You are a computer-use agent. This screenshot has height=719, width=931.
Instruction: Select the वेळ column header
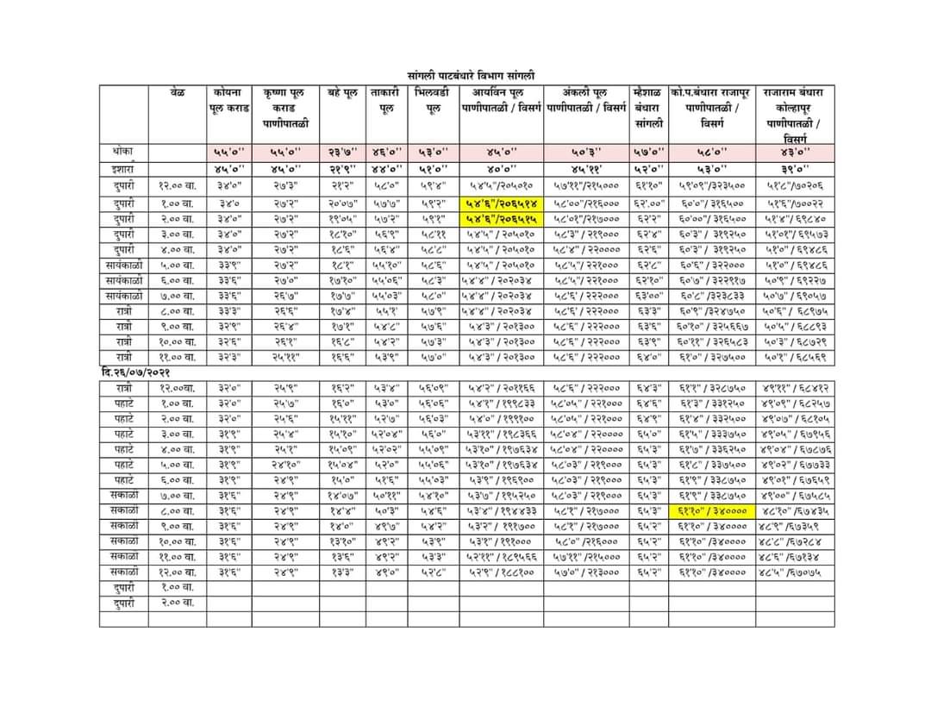(178, 91)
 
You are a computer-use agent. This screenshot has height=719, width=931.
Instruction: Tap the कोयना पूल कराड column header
(228, 99)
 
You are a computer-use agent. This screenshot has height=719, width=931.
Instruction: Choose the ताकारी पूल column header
(385, 99)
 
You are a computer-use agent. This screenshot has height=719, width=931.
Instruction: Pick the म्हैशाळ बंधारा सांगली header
(647, 107)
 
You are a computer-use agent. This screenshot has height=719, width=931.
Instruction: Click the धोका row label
(123, 151)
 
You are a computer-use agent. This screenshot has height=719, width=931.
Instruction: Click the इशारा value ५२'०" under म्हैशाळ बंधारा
(647, 169)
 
